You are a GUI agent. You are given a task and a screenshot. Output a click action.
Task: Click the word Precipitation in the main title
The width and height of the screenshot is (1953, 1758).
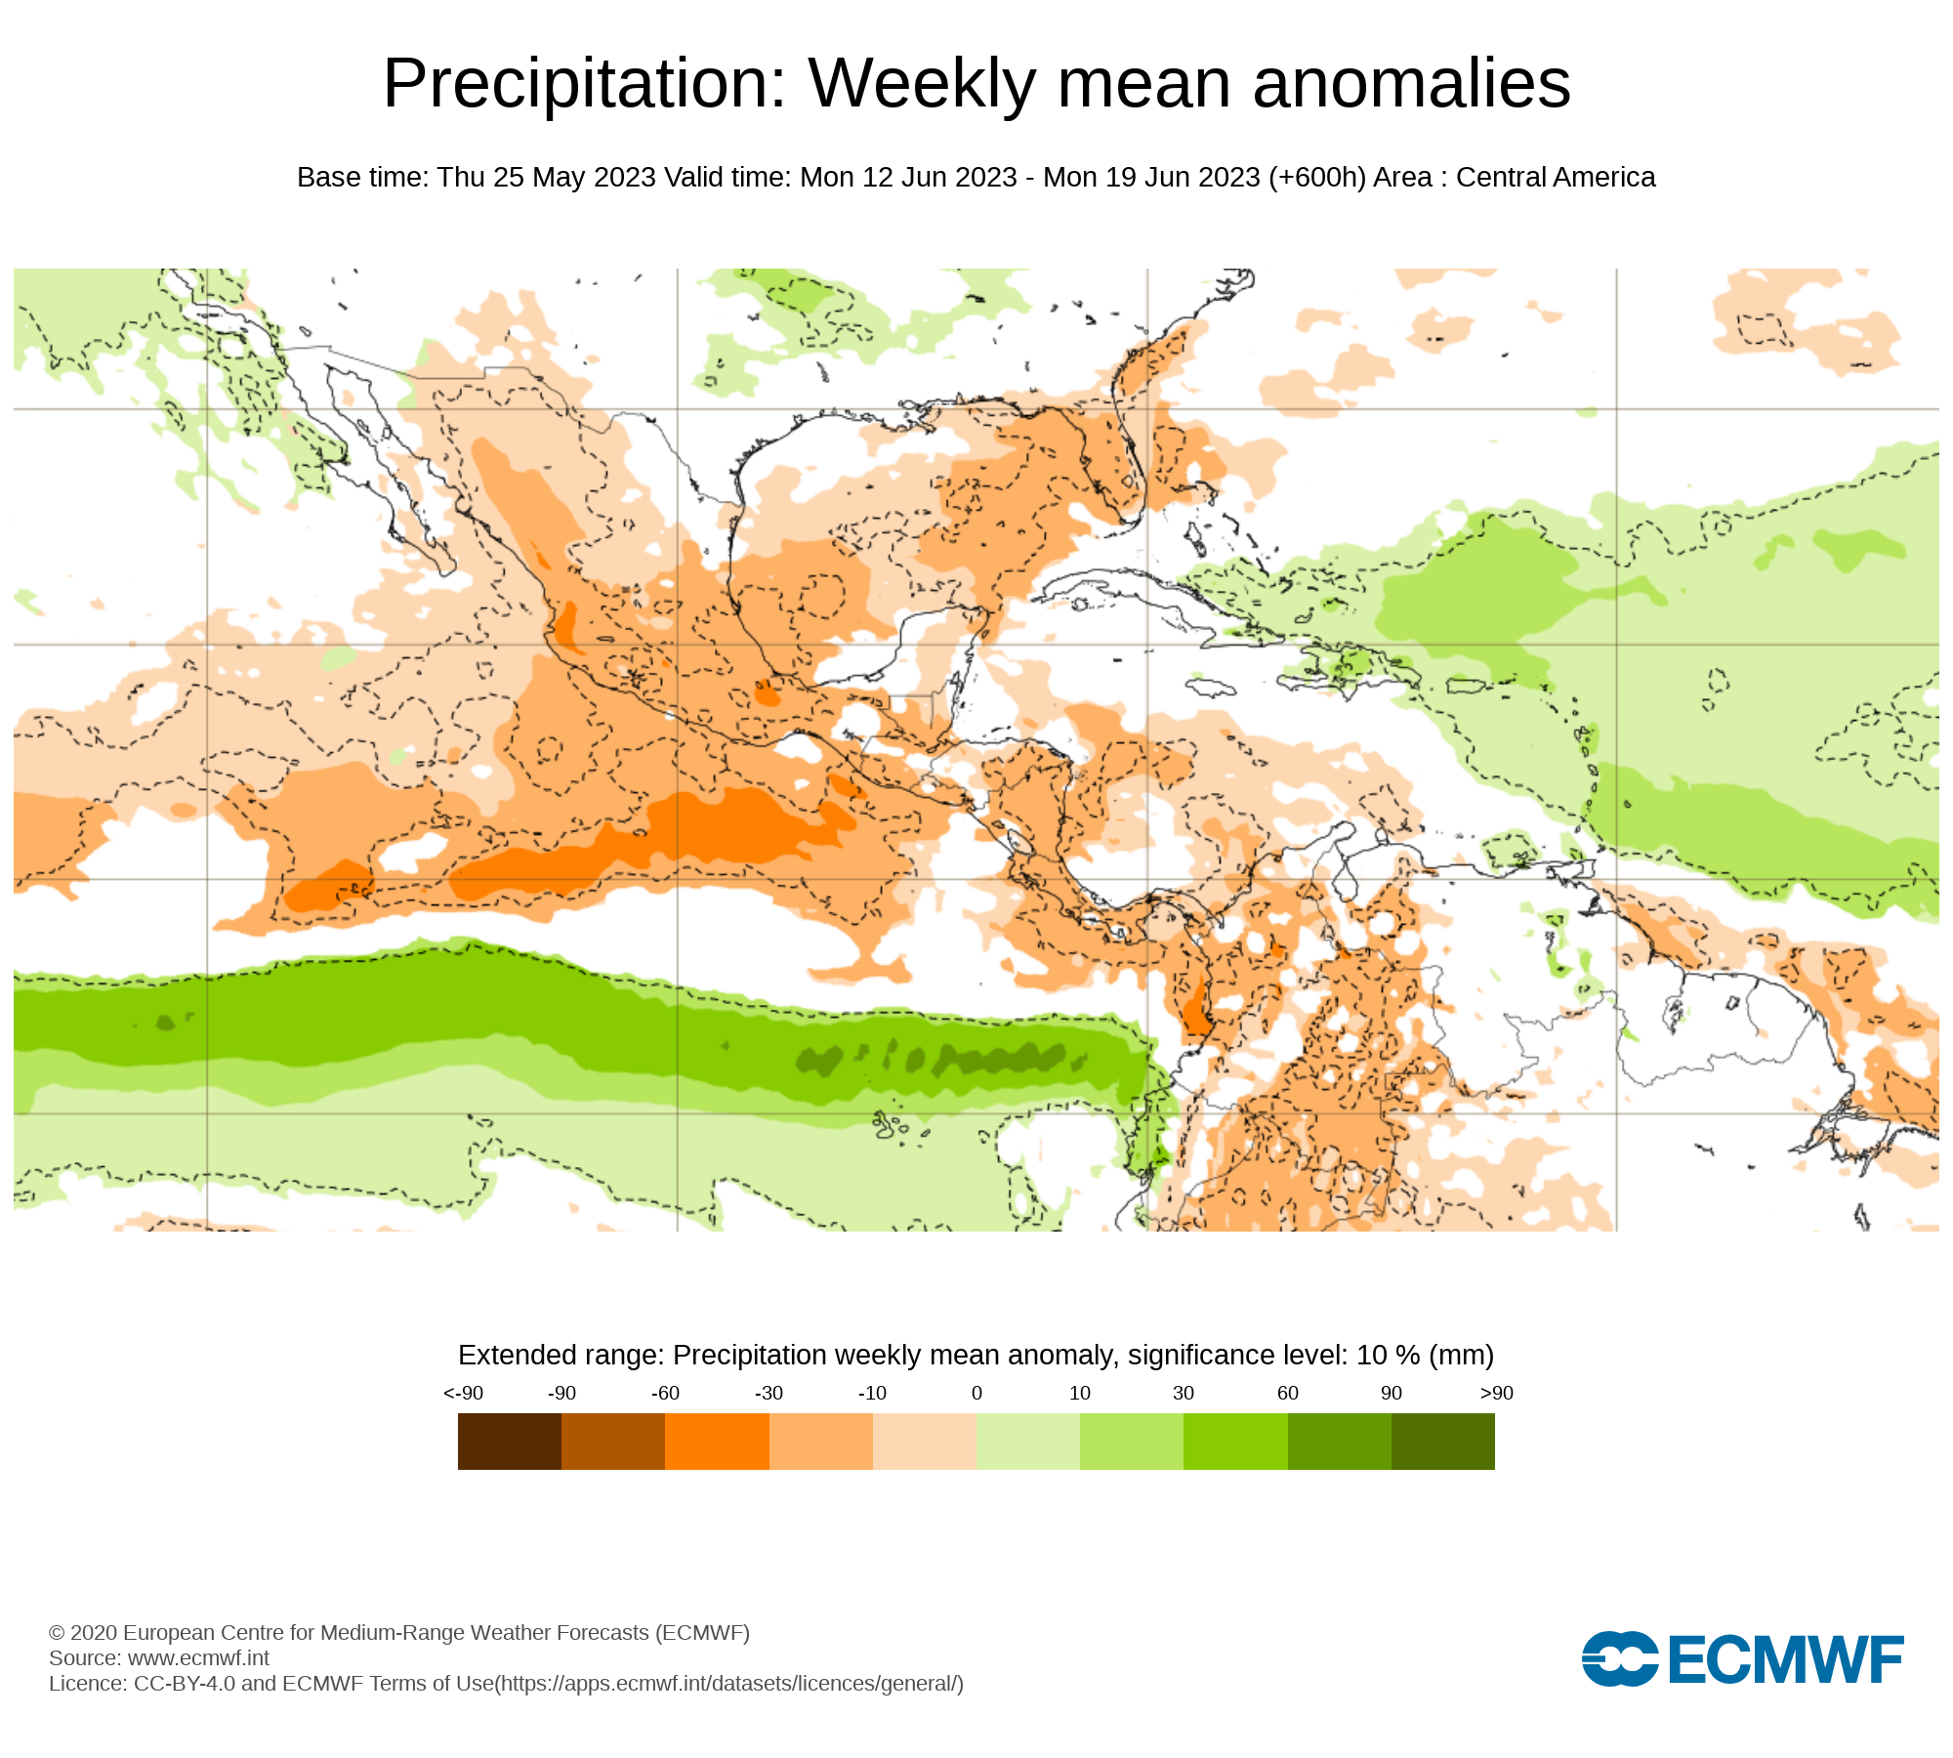584,84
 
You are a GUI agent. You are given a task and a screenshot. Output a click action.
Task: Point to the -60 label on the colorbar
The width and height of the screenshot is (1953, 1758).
665,1393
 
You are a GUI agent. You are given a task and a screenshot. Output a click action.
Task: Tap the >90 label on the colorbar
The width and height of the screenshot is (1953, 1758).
1496,1393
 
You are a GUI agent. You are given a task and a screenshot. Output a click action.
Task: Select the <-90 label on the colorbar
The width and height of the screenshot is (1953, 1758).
463,1393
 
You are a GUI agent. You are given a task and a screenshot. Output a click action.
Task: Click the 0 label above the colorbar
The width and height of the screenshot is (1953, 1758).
976,1393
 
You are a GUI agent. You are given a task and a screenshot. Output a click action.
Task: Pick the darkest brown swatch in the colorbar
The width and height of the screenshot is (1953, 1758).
510,1442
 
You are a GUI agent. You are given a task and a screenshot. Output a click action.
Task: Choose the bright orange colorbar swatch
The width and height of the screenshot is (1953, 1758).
717,1442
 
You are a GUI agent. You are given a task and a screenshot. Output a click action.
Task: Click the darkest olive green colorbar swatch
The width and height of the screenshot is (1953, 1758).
1443,1442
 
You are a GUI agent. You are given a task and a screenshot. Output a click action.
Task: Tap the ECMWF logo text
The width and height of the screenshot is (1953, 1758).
1785,1659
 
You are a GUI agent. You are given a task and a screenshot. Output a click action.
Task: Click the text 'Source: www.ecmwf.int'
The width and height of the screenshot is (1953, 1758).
159,1657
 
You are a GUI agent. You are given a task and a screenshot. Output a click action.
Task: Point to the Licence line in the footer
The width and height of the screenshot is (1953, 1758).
506,1683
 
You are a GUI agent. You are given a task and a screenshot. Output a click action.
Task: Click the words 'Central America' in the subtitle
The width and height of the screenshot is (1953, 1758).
1556,178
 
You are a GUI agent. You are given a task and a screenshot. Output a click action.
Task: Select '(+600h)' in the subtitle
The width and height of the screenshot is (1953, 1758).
1317,178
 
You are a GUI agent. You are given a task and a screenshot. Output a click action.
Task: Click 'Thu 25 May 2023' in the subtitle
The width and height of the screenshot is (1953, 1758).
546,178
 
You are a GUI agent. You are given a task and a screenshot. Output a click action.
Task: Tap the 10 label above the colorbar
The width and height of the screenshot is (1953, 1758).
1080,1393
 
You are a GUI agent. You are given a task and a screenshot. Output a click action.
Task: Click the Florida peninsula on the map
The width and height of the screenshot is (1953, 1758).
1123,469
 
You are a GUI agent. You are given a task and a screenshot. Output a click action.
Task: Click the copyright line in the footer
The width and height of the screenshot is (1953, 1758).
399,1632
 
